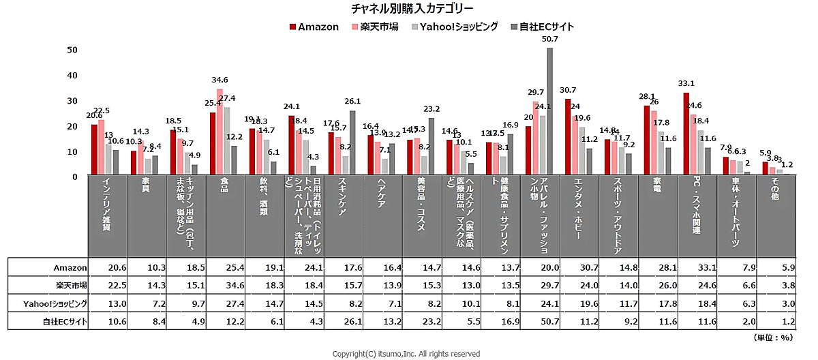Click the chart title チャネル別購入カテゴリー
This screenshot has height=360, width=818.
(412, 9)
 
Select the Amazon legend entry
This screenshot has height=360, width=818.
(314, 27)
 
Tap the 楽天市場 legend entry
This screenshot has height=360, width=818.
(375, 27)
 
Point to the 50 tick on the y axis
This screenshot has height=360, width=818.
(72, 50)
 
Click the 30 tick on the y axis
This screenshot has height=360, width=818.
(72, 101)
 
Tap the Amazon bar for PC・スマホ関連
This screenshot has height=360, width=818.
(686, 134)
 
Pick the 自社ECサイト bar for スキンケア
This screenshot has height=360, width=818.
(352, 142)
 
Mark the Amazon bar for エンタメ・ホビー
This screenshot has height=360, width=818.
(568, 136)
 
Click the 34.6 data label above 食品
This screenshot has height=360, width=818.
(220, 80)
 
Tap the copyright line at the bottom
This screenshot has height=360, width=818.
(406, 354)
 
